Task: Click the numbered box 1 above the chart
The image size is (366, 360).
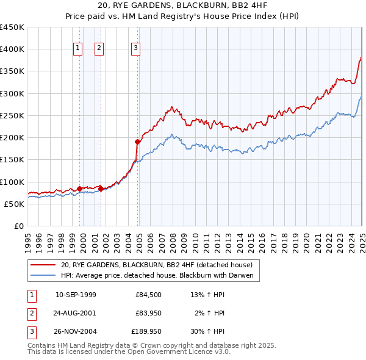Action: (79, 49)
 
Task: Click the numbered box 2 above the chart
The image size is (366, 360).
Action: (99, 49)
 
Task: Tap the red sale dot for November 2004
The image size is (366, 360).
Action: (137, 142)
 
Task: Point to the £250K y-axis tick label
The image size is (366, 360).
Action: (12, 115)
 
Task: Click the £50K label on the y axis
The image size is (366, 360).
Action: (15, 204)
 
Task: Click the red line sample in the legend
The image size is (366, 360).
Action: (43, 265)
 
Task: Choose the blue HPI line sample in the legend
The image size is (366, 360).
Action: (43, 276)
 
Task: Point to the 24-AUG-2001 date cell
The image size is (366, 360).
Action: (76, 314)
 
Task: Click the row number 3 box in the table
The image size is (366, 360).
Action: (31, 332)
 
